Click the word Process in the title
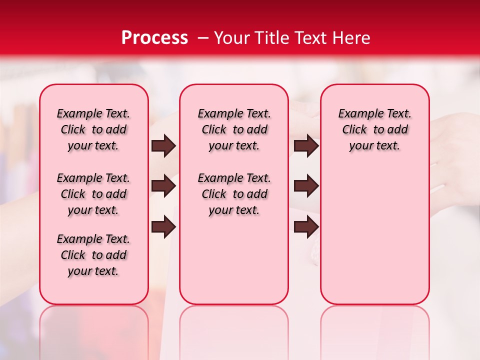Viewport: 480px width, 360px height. (154, 38)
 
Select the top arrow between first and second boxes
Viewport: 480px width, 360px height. (163, 146)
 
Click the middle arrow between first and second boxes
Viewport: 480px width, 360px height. (163, 186)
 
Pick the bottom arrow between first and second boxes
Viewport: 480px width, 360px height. (163, 226)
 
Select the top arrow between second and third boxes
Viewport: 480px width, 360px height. (306, 146)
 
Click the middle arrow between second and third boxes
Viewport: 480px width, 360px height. (306, 186)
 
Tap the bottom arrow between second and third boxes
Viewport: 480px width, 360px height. (306, 226)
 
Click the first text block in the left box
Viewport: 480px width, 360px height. (93, 129)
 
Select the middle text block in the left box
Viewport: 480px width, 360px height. (93, 194)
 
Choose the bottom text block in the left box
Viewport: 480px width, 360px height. (93, 255)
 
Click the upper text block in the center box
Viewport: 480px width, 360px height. (234, 129)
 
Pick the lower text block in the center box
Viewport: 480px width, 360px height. (234, 194)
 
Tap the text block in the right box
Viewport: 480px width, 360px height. (374, 129)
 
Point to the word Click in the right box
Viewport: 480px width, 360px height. (354, 130)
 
